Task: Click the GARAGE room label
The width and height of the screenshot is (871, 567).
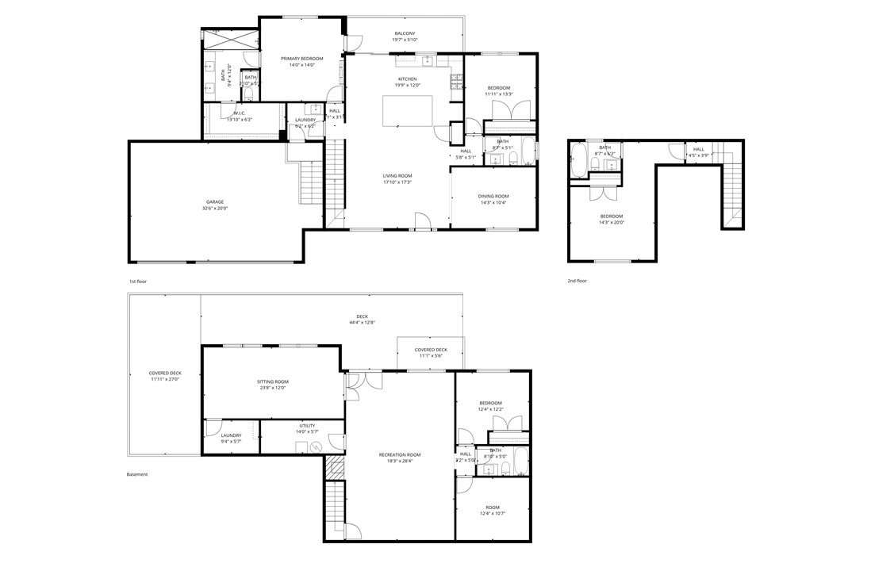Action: [x=215, y=202]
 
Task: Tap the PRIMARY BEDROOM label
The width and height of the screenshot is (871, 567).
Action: [x=301, y=59]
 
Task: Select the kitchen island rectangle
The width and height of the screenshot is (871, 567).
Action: [x=408, y=111]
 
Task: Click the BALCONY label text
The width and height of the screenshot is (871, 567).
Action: [x=405, y=33]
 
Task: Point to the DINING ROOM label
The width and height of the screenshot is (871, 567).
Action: [x=493, y=196]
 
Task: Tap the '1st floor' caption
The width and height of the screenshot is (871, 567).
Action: [x=137, y=282]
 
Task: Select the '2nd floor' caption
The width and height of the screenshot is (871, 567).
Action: [x=576, y=281]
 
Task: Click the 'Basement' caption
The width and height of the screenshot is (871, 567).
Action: [x=137, y=474]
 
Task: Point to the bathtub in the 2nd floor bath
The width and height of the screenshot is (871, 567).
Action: [x=578, y=161]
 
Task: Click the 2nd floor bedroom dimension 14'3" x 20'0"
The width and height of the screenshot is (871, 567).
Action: [x=612, y=223]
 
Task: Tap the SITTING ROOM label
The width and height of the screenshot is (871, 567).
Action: [x=272, y=381]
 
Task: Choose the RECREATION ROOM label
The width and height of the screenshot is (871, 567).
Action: [x=404, y=454]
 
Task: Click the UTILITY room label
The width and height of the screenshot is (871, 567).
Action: [x=307, y=426]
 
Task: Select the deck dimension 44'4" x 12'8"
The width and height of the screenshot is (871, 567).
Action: [x=362, y=323]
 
